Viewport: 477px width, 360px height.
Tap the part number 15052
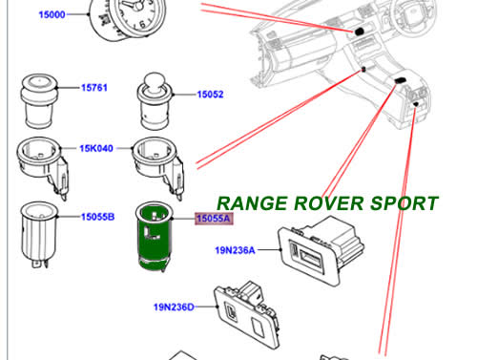tap(210, 95)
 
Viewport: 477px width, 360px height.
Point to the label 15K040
tap(96, 149)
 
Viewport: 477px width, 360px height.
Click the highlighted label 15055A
tap(213, 219)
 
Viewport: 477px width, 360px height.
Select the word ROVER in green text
tap(330, 203)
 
